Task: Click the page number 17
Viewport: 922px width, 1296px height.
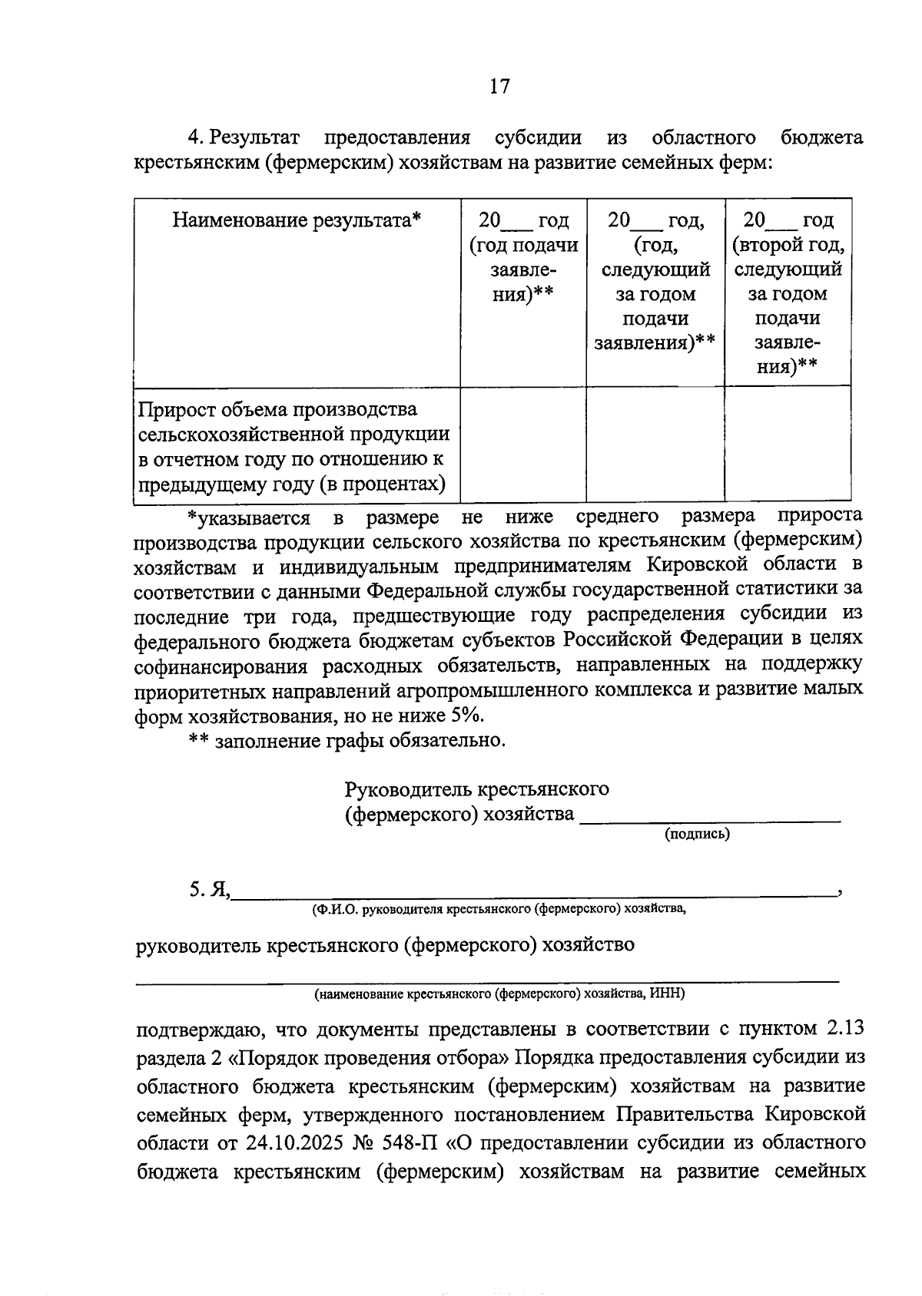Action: [x=499, y=86]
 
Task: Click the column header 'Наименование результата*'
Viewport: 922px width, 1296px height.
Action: [x=297, y=221]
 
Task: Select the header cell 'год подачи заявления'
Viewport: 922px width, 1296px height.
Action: [x=523, y=257]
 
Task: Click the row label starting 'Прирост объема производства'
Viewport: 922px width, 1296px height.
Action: [x=293, y=446]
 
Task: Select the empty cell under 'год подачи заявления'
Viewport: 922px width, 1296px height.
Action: [x=523, y=445]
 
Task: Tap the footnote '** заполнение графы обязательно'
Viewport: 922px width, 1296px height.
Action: [x=347, y=741]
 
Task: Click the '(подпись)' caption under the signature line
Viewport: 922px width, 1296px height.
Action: [x=697, y=834]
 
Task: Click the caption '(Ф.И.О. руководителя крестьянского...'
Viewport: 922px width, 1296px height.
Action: [x=499, y=910]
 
